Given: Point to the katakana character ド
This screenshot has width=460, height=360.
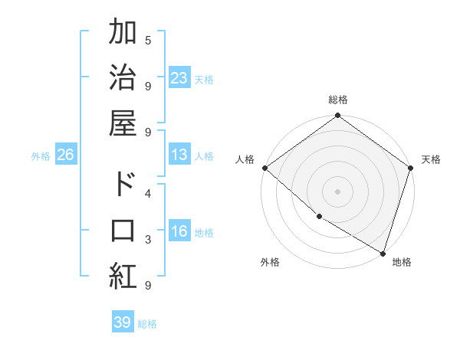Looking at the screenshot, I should pos(123,184).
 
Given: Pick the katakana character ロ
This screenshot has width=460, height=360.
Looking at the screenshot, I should pos(123,231).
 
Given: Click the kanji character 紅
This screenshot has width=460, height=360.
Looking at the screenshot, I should pos(123,276).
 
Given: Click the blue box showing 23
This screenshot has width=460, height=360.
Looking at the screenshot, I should pos(179,78).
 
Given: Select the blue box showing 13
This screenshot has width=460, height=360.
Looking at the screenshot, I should pos(179,155).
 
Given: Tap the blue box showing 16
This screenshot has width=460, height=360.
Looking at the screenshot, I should pos(179,232).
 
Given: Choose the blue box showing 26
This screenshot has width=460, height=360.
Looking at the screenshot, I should pos(66,155).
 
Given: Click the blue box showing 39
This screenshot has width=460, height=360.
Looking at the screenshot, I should pos(123,322).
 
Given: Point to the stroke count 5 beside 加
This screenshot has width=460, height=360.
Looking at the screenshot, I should pos(148,40).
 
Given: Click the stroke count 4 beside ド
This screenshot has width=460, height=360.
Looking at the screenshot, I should pos(148,193).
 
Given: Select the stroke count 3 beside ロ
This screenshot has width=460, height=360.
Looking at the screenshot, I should pos(148,240).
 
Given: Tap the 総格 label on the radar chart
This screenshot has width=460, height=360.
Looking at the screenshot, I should pos(338,100).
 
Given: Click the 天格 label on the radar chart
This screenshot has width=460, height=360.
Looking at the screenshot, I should pos(431,159).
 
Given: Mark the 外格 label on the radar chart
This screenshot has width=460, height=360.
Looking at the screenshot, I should pos(270,262).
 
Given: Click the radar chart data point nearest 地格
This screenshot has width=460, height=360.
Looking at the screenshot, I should pos(383,253).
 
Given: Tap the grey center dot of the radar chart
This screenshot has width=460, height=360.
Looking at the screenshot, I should pos(337,191).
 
